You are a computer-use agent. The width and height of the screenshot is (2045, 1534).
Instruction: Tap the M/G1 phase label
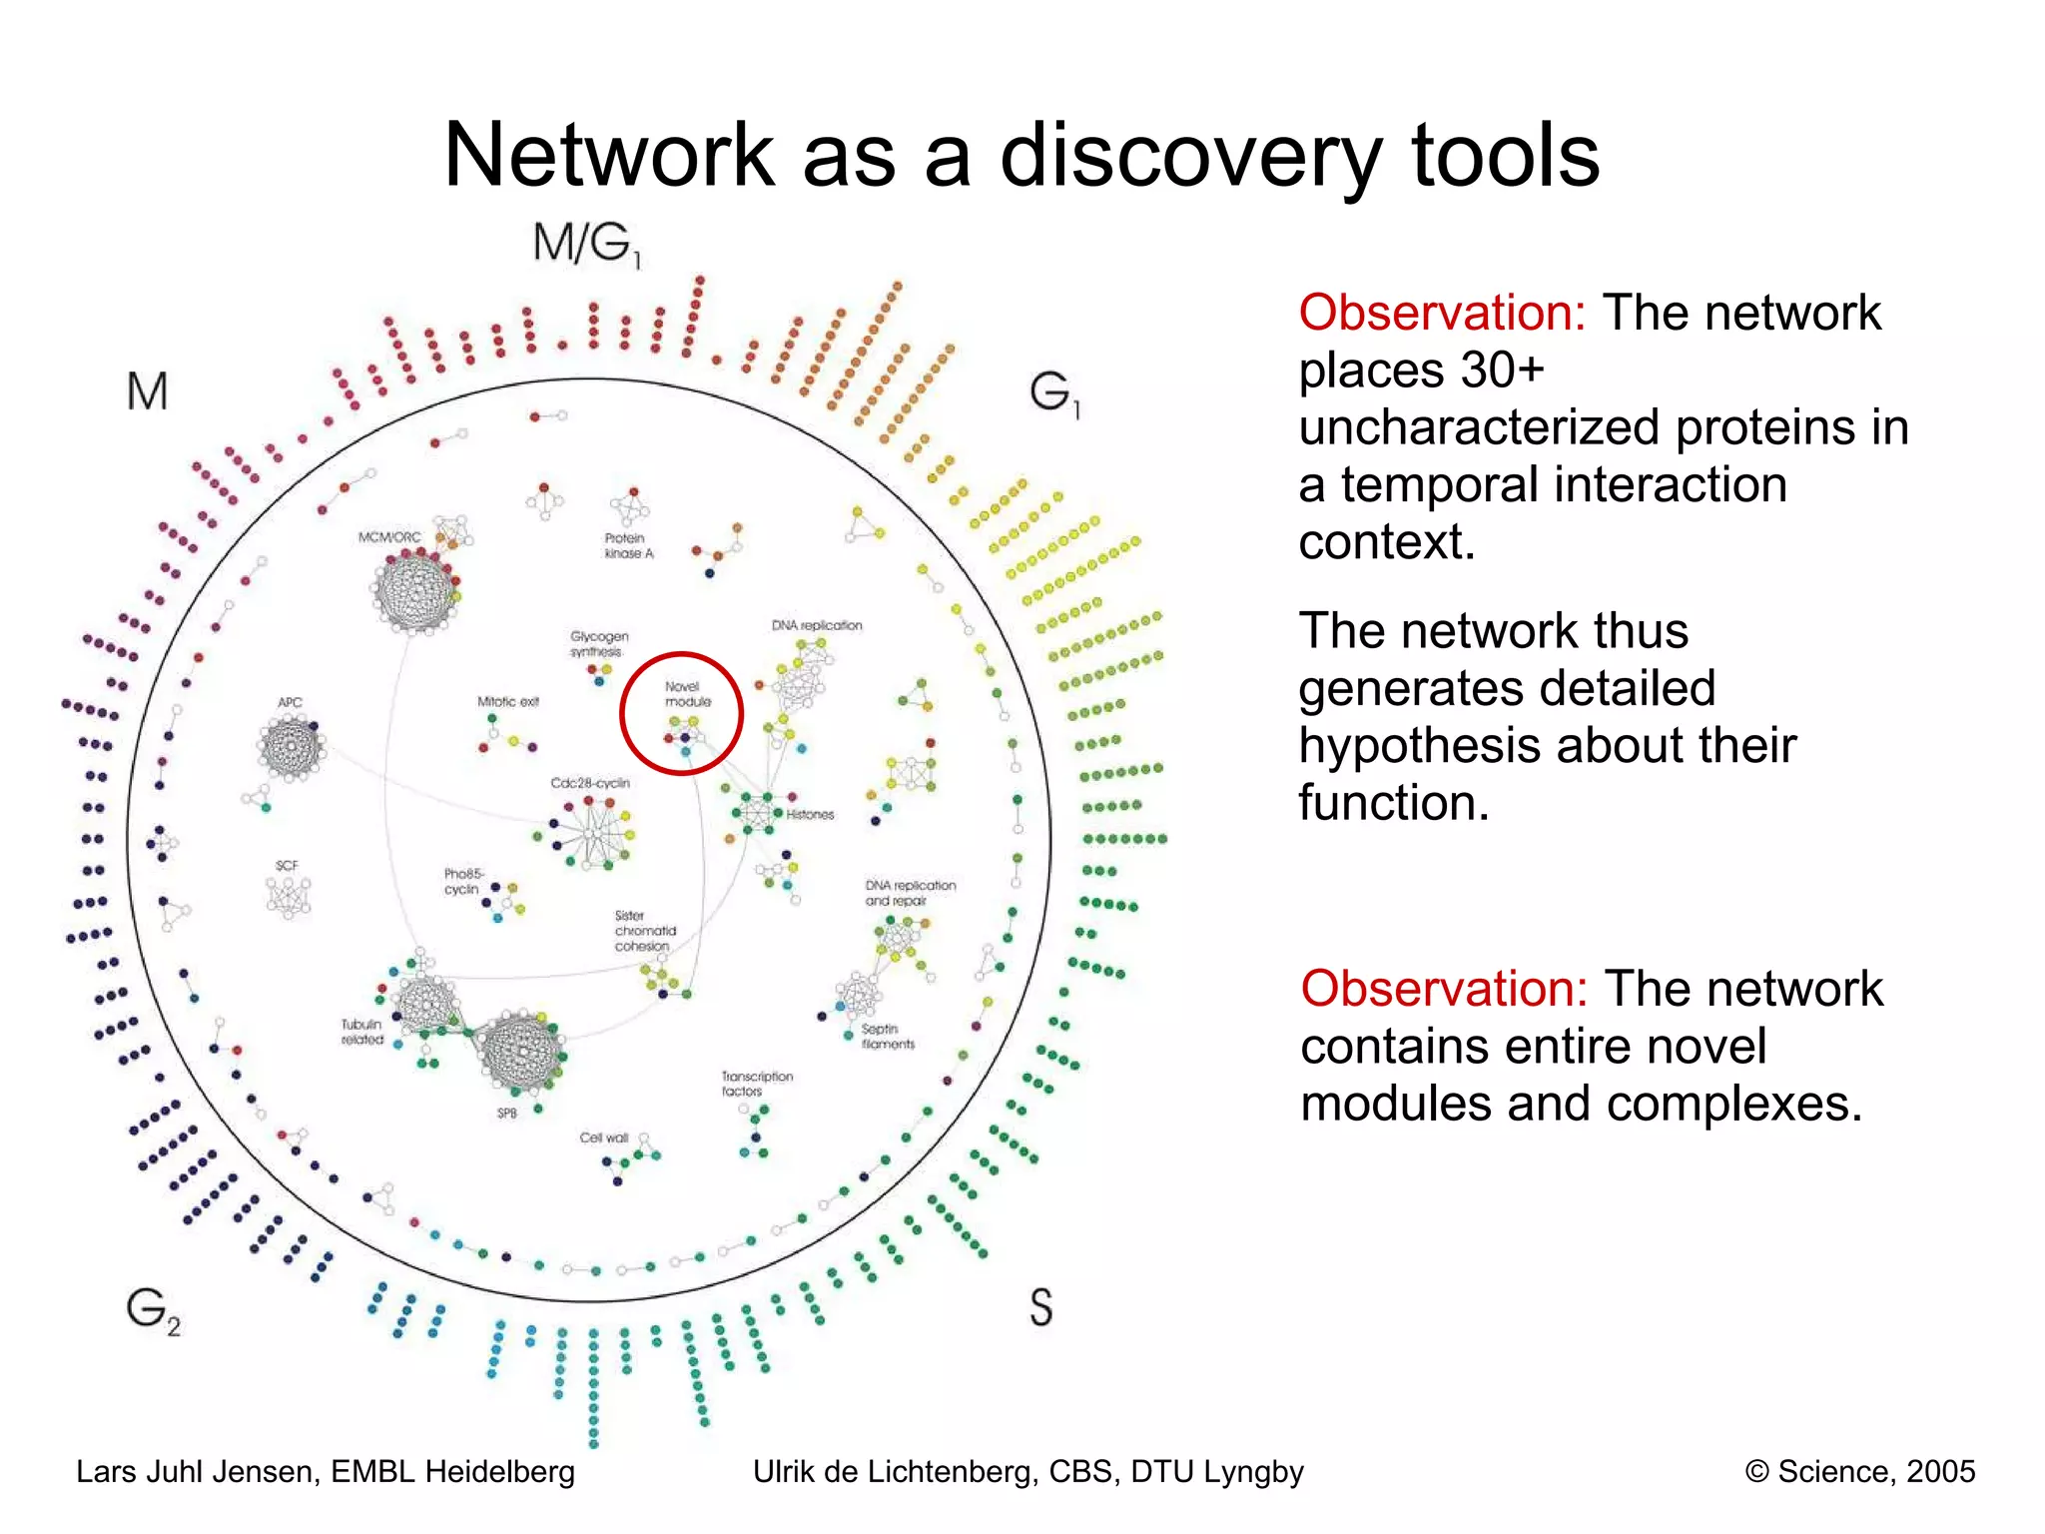point(586,244)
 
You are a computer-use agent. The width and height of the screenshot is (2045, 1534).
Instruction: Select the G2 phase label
point(153,1309)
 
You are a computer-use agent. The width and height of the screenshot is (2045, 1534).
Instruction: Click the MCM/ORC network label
point(389,537)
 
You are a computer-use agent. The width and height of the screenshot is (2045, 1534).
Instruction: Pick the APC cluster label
point(290,702)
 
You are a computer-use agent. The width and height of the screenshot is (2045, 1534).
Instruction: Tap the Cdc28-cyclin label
point(590,783)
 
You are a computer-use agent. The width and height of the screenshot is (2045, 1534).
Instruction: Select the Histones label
point(810,815)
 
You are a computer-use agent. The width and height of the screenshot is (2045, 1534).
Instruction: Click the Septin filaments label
point(888,1037)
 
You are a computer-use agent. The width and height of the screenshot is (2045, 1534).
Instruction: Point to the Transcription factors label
point(757,1084)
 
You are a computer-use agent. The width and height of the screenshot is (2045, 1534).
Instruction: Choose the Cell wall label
point(604,1138)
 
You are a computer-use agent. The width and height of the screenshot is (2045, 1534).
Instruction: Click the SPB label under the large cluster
point(507,1113)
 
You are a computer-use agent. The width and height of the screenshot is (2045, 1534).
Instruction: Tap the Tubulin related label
point(361,1032)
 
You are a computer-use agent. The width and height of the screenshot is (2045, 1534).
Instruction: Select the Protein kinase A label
point(629,545)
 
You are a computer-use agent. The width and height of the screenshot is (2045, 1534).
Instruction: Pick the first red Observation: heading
point(1442,313)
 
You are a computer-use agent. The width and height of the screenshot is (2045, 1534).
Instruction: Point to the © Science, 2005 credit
point(1859,1472)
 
